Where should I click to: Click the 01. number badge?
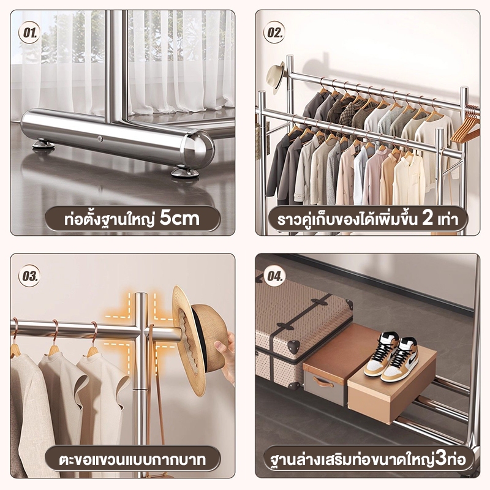click(x=29, y=32)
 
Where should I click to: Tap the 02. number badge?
click(x=274, y=32)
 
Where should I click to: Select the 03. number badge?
click(x=29, y=276)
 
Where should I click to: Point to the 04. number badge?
click(x=274, y=276)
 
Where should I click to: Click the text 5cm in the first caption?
click(x=179, y=218)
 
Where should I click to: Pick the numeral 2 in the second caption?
click(x=427, y=218)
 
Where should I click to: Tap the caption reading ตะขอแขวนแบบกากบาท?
click(x=132, y=459)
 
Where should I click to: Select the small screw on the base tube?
click(x=100, y=139)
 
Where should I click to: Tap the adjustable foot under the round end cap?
click(x=185, y=172)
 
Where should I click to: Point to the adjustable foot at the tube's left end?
click(x=43, y=144)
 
